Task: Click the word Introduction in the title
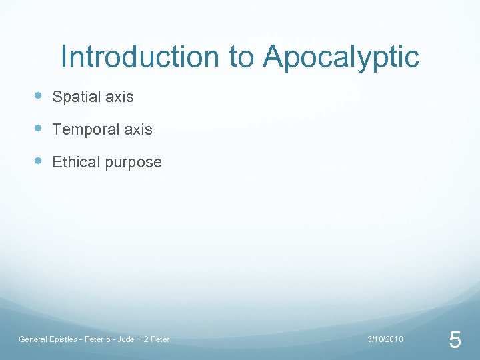coord(139,57)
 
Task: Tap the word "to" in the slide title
coord(240,58)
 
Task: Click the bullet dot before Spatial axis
coord(39,96)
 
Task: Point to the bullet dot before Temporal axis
coord(39,129)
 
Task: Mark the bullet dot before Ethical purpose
coord(39,161)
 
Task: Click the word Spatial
coord(77,97)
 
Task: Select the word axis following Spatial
coord(119,97)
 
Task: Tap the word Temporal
coord(83,130)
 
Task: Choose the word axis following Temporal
coord(138,130)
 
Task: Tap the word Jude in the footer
coord(125,339)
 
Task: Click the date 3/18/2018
coord(385,339)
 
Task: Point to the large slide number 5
coord(455,341)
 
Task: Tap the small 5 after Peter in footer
coord(107,339)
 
